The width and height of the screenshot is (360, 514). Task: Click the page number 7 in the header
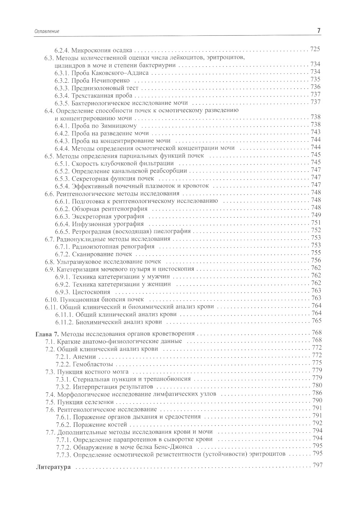[319, 31]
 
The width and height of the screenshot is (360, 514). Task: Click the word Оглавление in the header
[46, 32]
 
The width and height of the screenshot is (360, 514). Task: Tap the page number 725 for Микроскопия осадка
[315, 50]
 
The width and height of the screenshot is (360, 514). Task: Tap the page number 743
[315, 132]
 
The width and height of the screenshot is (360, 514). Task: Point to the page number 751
[315, 223]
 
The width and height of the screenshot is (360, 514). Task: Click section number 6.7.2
[62, 254]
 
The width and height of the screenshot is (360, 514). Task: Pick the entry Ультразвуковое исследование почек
[109, 261]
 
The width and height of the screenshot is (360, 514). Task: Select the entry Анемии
[84, 356]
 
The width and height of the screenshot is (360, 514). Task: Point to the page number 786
[317, 393]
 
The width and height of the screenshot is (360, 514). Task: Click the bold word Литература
[52, 468]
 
